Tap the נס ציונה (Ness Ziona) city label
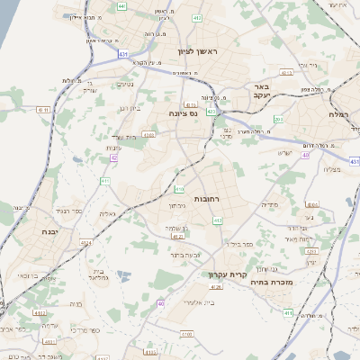183,113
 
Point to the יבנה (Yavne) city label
26,231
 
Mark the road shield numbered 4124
87,243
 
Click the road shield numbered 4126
215,286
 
